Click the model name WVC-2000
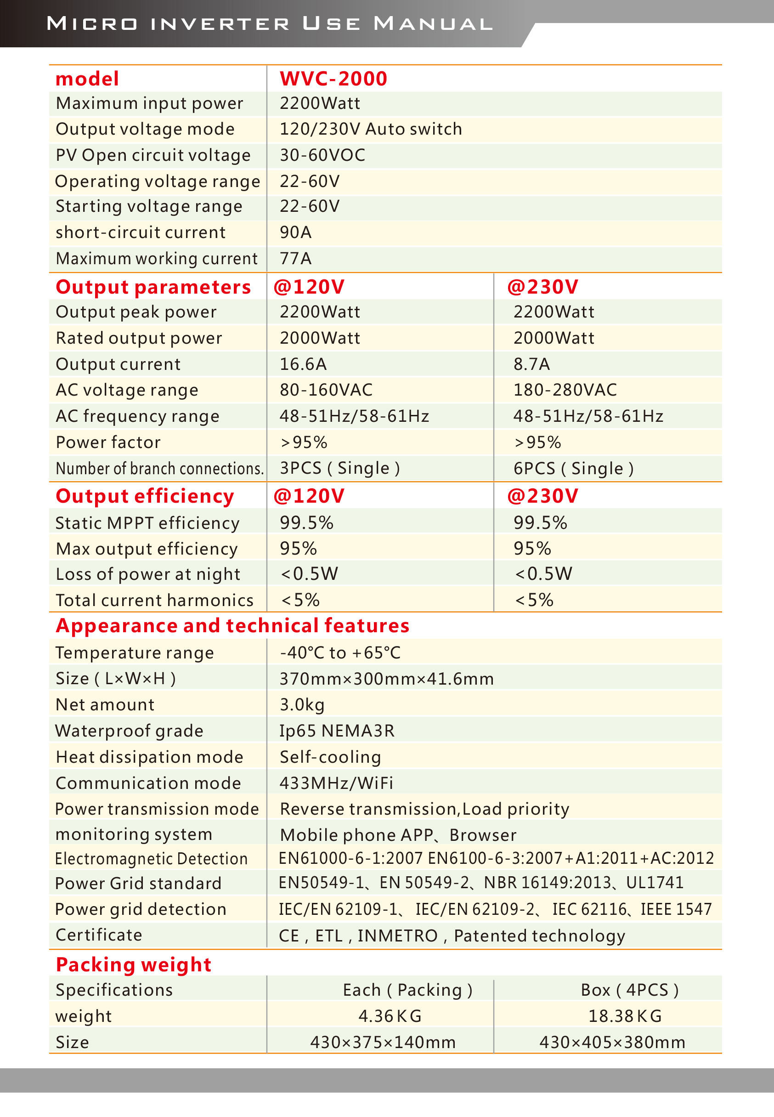[333, 79]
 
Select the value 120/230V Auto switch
[371, 129]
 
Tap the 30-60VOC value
[322, 155]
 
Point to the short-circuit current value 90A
[295, 232]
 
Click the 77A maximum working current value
[295, 259]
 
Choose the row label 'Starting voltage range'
[149, 207]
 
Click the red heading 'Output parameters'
[153, 287]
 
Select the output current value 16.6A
[303, 364]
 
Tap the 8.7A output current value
[531, 364]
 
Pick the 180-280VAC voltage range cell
[565, 390]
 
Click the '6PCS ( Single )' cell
[573, 469]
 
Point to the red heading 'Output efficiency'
[145, 496]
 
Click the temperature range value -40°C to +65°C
[340, 653]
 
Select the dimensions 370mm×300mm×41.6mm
[386, 679]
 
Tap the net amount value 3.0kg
[302, 705]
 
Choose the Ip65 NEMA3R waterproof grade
[337, 731]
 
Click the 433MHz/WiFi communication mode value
[336, 783]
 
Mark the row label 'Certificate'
[99, 935]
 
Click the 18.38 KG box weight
[625, 1016]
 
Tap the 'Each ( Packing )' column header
[407, 990]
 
